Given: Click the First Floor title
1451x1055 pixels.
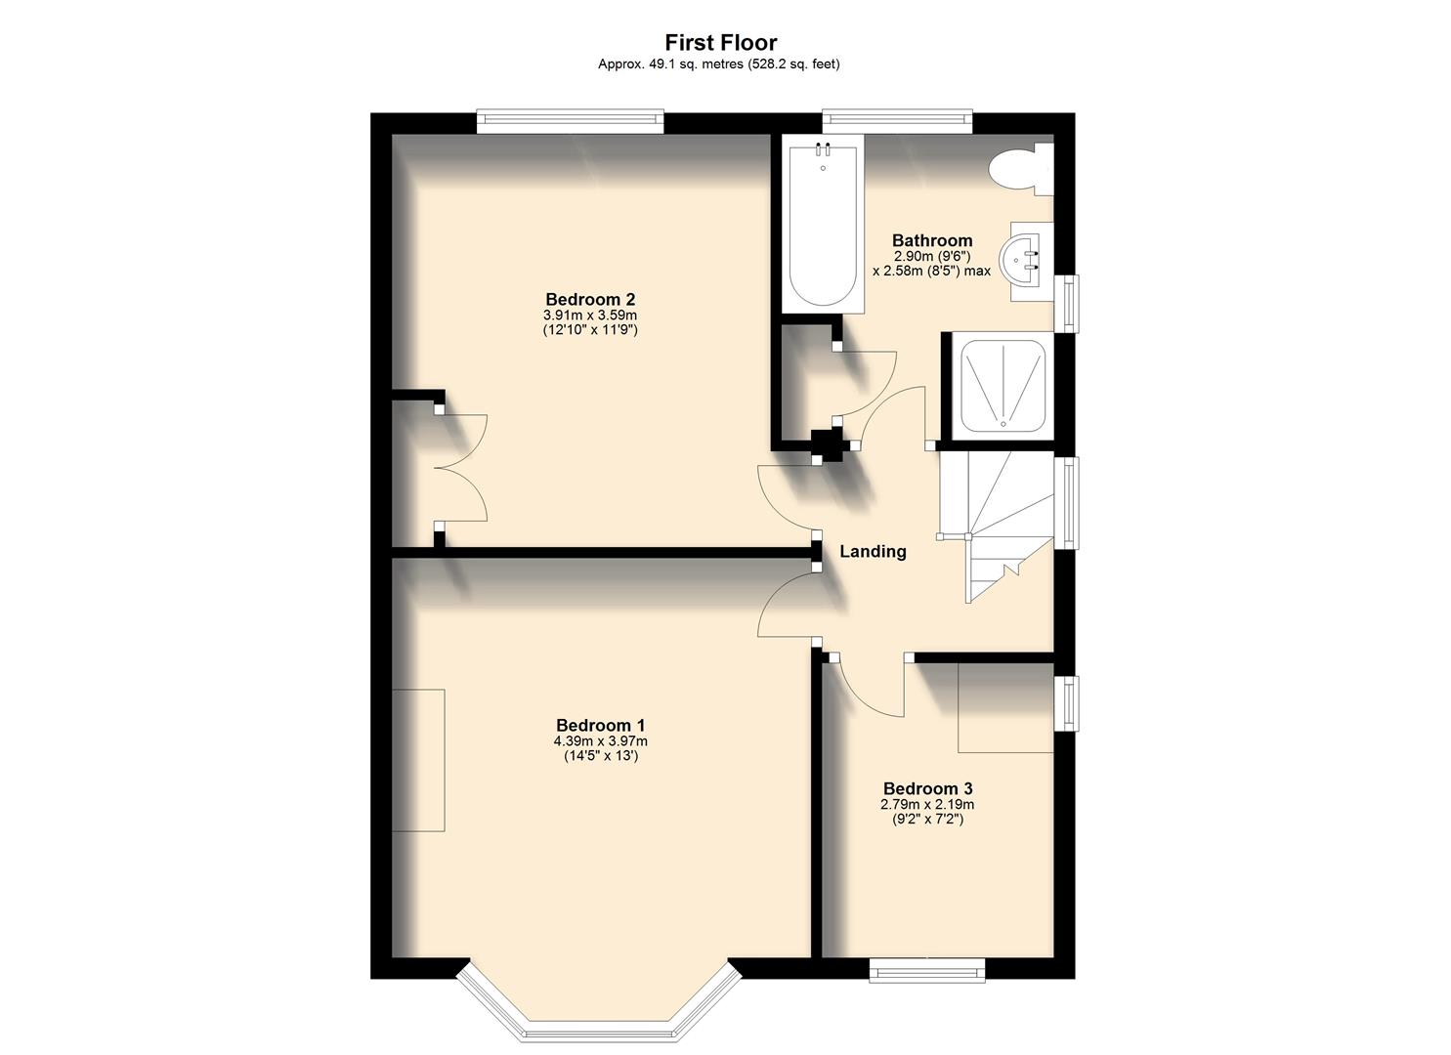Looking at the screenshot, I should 720,42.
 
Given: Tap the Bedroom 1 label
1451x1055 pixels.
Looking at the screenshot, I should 600,725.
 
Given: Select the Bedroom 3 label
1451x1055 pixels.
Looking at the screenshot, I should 927,788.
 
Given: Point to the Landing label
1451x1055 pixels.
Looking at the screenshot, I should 873,552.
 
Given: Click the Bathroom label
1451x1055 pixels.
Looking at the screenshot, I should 931,240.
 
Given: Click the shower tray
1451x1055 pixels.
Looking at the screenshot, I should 1003,384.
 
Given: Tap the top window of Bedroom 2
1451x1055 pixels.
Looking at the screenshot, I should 570,122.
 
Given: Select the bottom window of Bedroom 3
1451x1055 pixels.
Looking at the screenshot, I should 926,969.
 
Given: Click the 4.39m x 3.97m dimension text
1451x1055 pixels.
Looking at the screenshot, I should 600,741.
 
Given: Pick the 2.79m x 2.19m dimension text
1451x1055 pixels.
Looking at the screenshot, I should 927,805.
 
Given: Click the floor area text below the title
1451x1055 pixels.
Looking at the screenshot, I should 719,64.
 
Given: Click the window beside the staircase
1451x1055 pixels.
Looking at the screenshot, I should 1071,502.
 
